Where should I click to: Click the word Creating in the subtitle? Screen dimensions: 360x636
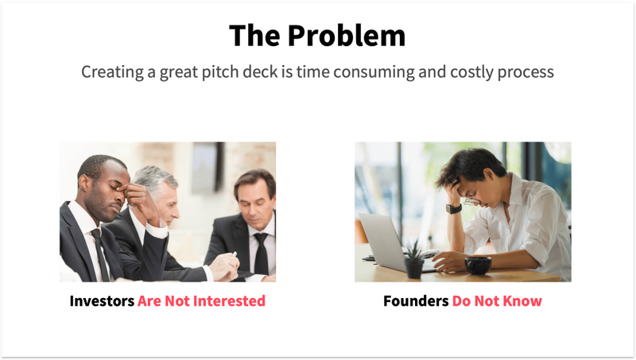point(112,72)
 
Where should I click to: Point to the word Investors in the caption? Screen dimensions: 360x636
point(101,301)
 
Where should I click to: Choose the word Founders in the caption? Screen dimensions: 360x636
point(416,301)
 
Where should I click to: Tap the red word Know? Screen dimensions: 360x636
point(525,301)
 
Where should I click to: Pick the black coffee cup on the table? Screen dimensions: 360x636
point(478,265)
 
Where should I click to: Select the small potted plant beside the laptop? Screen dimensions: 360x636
point(414,259)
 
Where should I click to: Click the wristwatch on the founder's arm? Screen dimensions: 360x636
point(454,208)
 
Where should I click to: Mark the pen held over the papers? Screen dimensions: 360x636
point(234,256)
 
